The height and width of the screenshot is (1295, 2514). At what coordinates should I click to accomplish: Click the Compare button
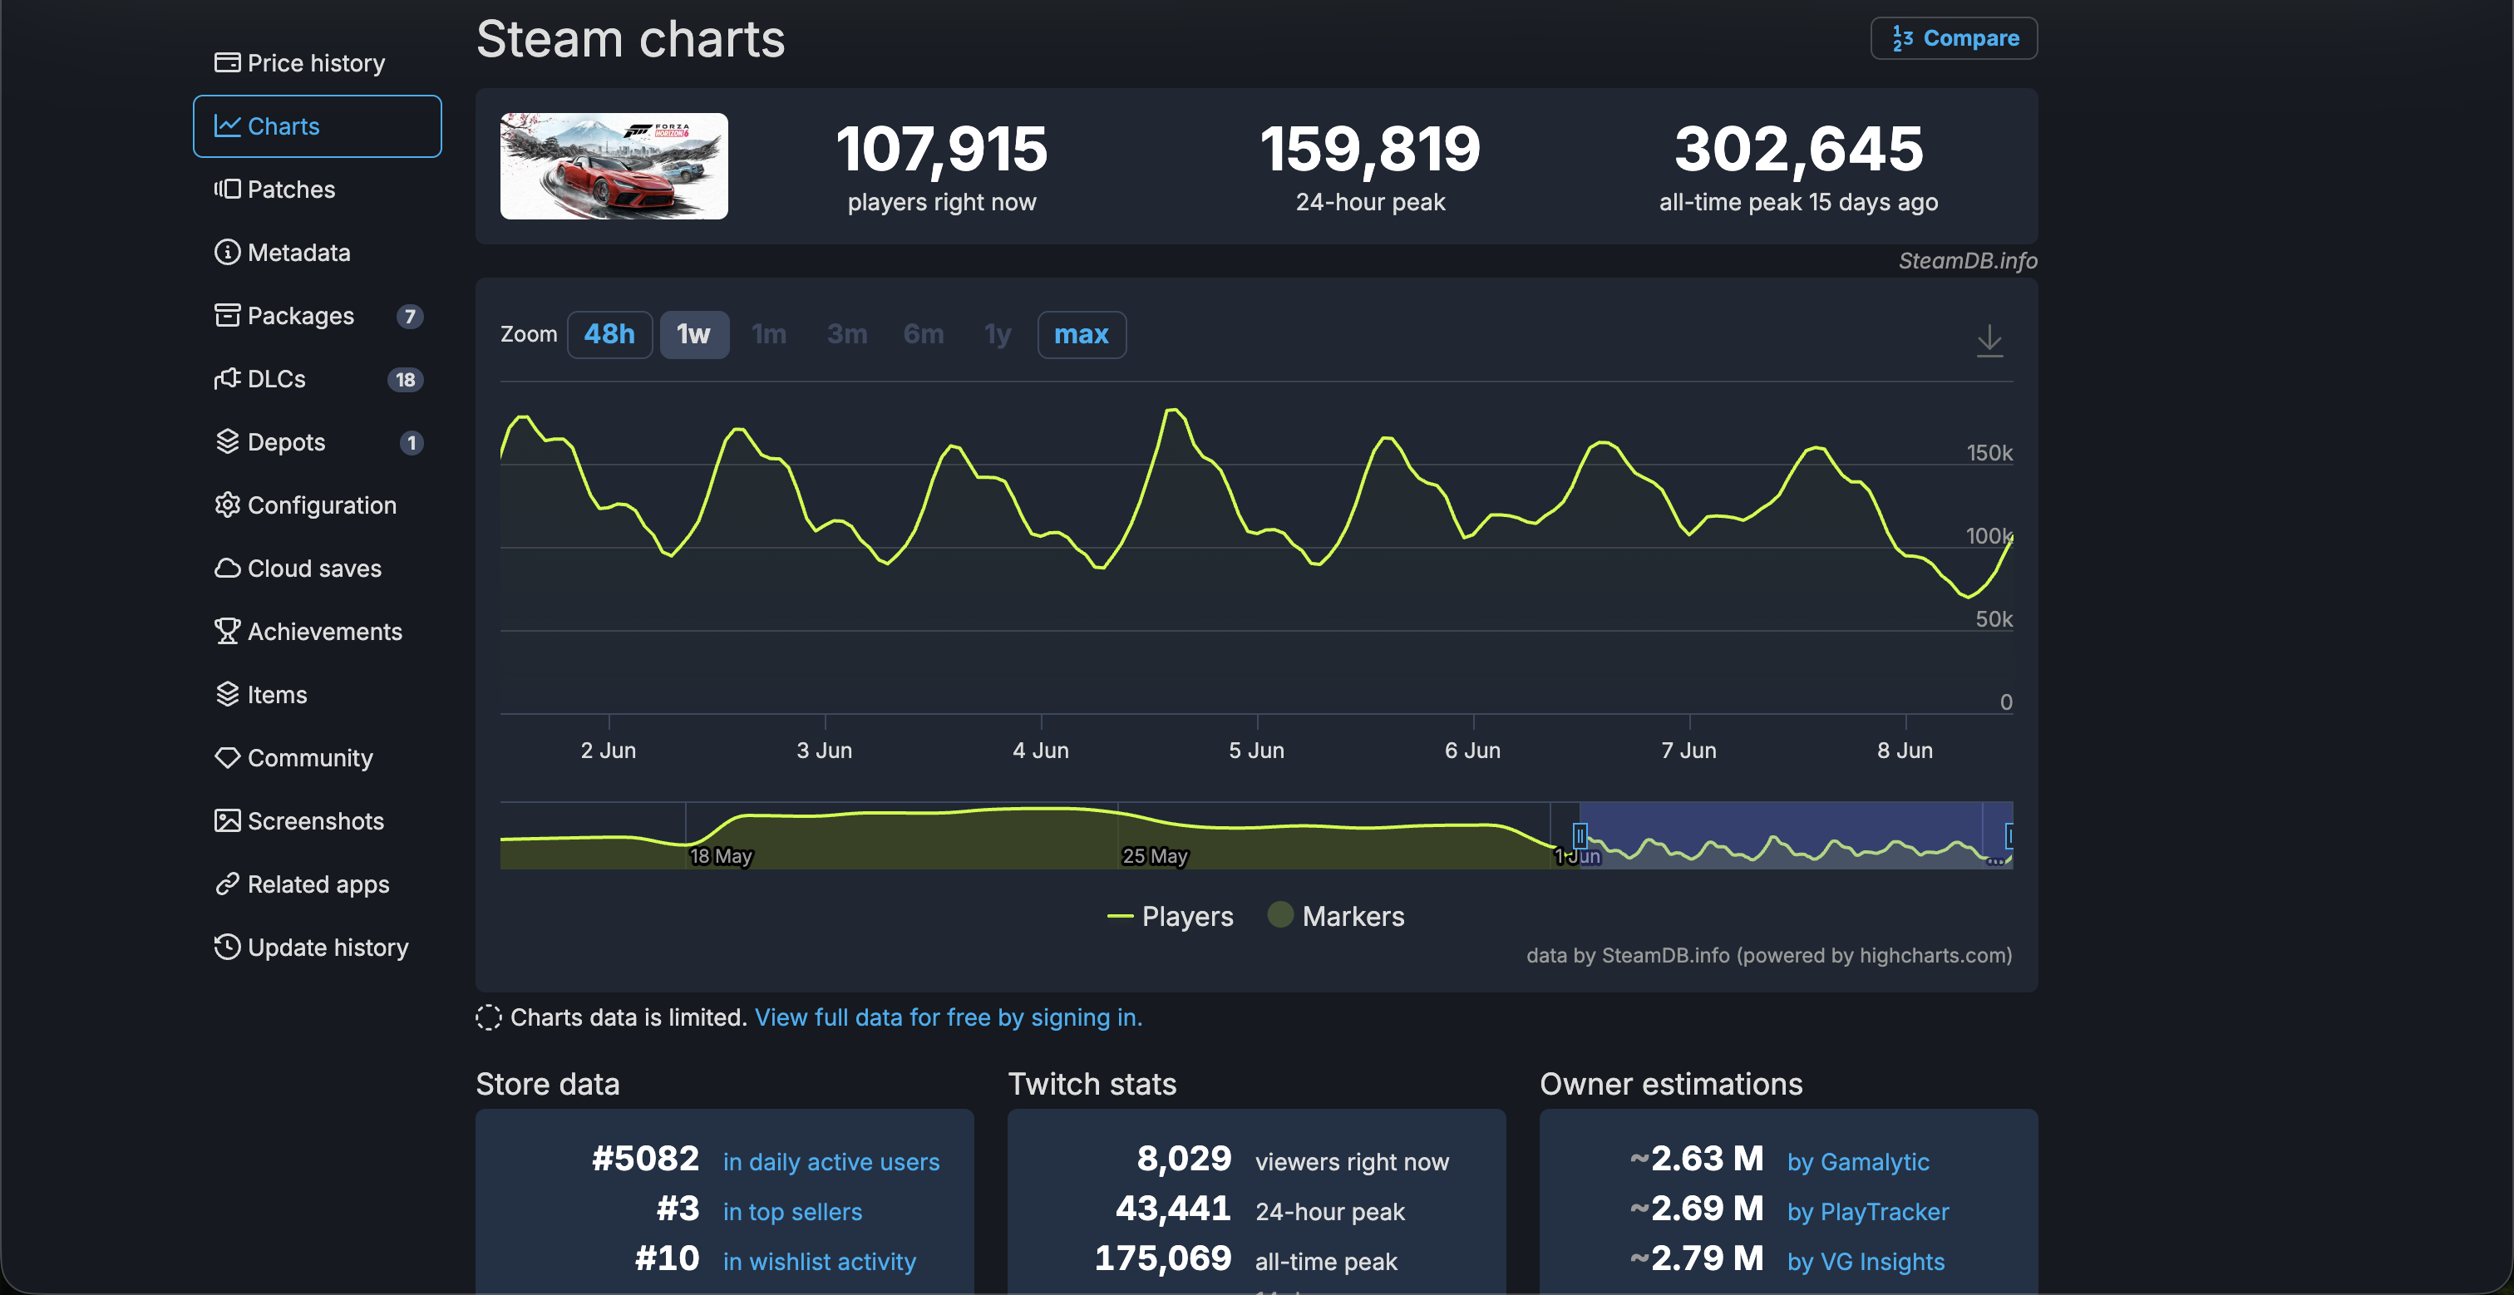pyautogui.click(x=1954, y=38)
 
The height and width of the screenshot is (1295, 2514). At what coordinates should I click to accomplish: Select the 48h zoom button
pyautogui.click(x=609, y=335)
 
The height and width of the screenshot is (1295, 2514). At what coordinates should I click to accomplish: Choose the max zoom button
pyautogui.click(x=1082, y=335)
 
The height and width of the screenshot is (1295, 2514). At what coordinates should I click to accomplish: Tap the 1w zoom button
pyautogui.click(x=694, y=335)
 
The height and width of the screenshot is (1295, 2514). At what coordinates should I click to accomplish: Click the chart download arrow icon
pyautogui.click(x=1989, y=341)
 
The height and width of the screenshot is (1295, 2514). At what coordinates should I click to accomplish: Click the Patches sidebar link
pyautogui.click(x=275, y=190)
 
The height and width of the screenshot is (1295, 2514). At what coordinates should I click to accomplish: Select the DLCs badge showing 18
pyautogui.click(x=406, y=380)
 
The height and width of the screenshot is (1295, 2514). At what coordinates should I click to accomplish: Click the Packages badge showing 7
pyautogui.click(x=410, y=316)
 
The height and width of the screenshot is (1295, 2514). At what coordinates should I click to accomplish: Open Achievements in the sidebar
pyautogui.click(x=308, y=632)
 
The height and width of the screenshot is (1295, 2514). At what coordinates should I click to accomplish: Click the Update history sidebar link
pyautogui.click(x=311, y=948)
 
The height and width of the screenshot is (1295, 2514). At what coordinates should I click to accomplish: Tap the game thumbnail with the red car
pyautogui.click(x=614, y=166)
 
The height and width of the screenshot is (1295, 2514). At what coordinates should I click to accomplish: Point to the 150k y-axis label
pyautogui.click(x=1989, y=453)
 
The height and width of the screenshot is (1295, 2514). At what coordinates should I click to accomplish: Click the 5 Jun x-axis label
pyautogui.click(x=1257, y=751)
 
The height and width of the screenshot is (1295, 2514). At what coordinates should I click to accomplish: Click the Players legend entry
pyautogui.click(x=1171, y=916)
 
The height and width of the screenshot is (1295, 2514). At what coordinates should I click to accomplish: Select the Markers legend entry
pyautogui.click(x=1336, y=916)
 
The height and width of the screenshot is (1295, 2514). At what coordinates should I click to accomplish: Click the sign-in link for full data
pyautogui.click(x=949, y=1018)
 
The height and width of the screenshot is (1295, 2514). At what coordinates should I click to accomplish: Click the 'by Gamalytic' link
pyautogui.click(x=1858, y=1162)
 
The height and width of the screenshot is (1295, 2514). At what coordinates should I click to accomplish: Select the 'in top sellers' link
pyautogui.click(x=792, y=1212)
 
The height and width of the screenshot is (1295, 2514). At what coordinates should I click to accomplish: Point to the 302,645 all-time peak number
pyautogui.click(x=1799, y=150)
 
